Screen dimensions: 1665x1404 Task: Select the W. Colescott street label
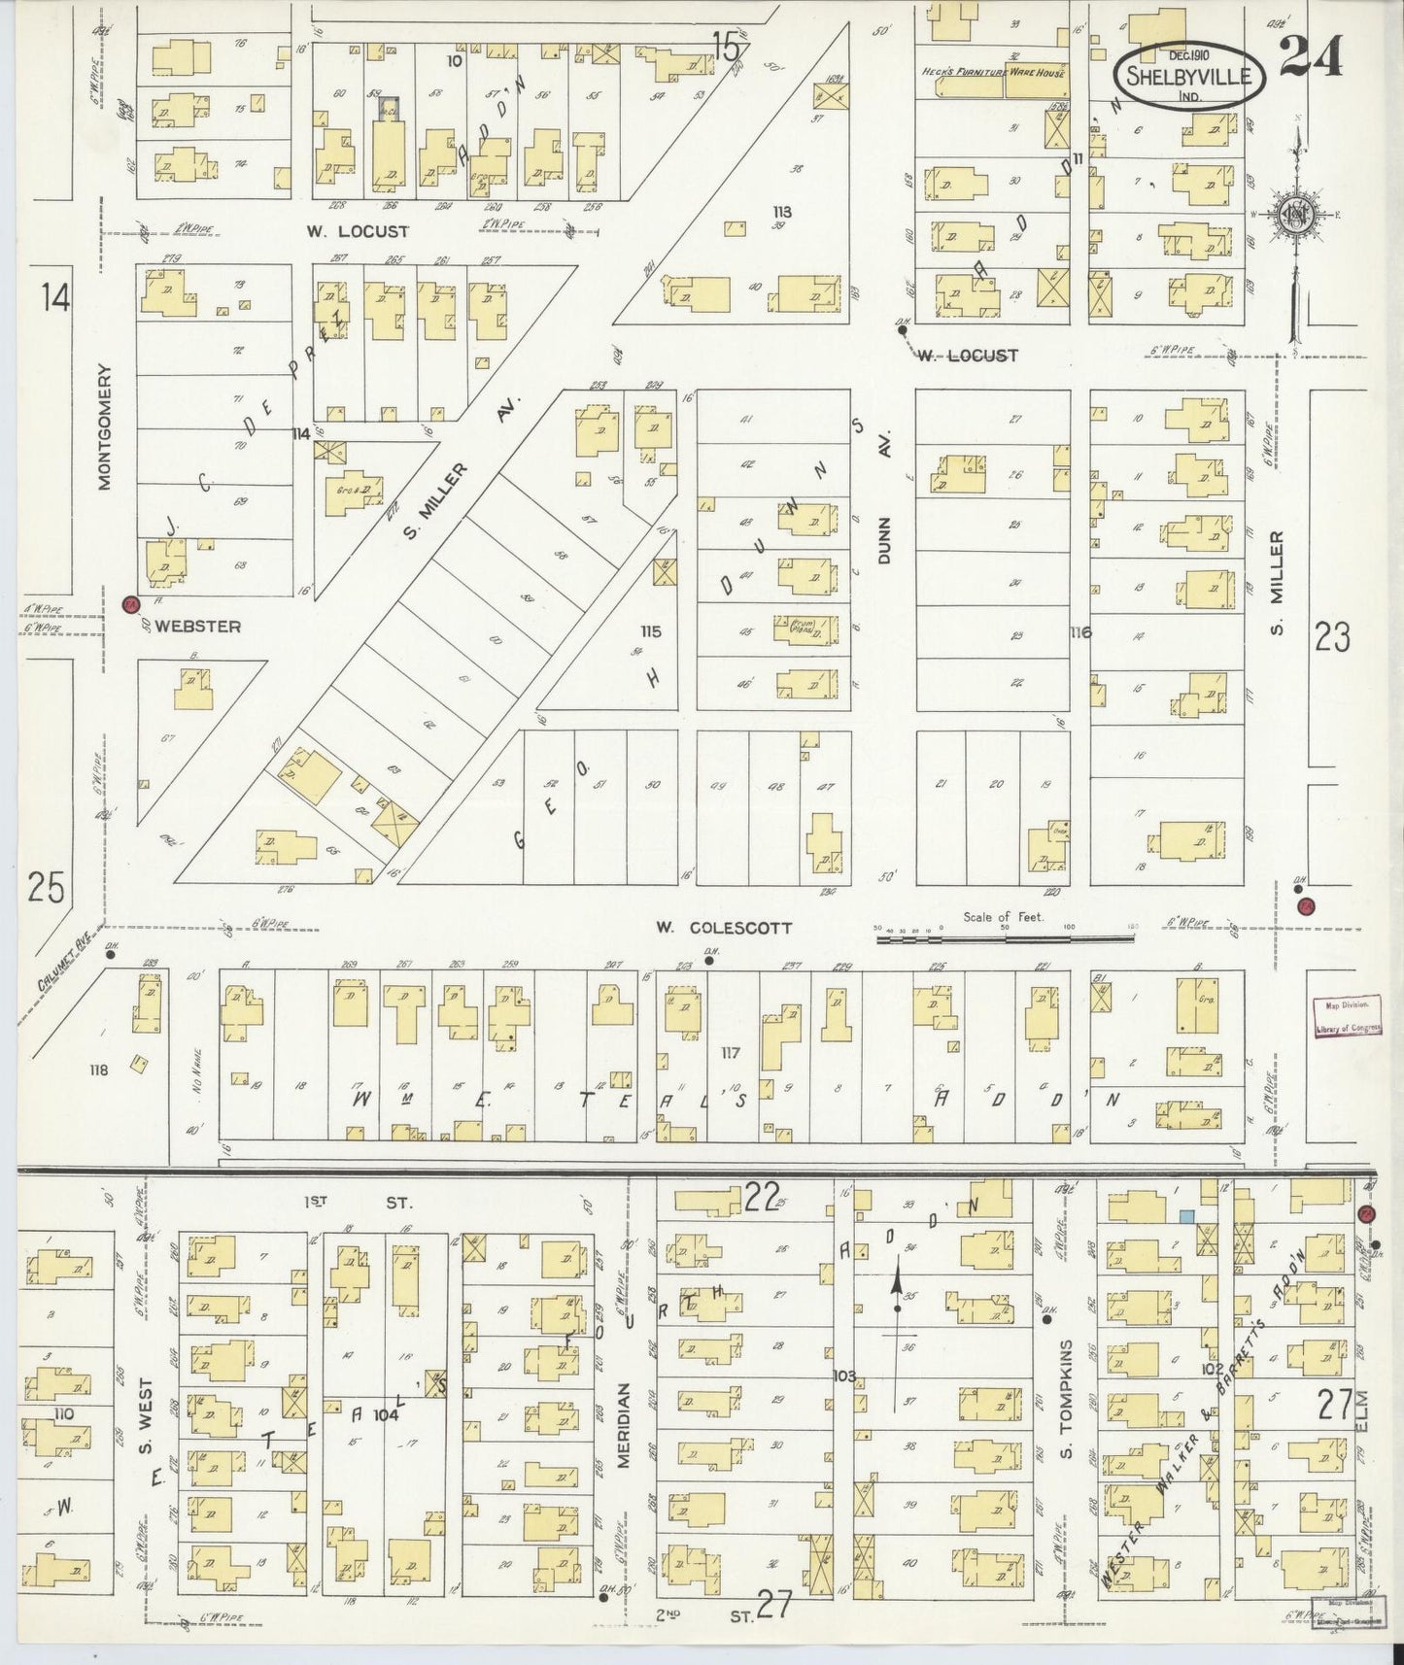[723, 928]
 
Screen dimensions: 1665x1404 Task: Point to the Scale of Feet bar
[1006, 939]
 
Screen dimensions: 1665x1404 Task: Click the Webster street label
[197, 627]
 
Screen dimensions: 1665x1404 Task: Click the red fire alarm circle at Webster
[130, 605]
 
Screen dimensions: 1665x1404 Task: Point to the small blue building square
[1186, 1215]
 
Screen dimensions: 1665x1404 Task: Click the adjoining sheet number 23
[1332, 638]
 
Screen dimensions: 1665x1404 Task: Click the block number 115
[650, 632]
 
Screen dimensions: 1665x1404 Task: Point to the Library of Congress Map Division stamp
[1346, 1018]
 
